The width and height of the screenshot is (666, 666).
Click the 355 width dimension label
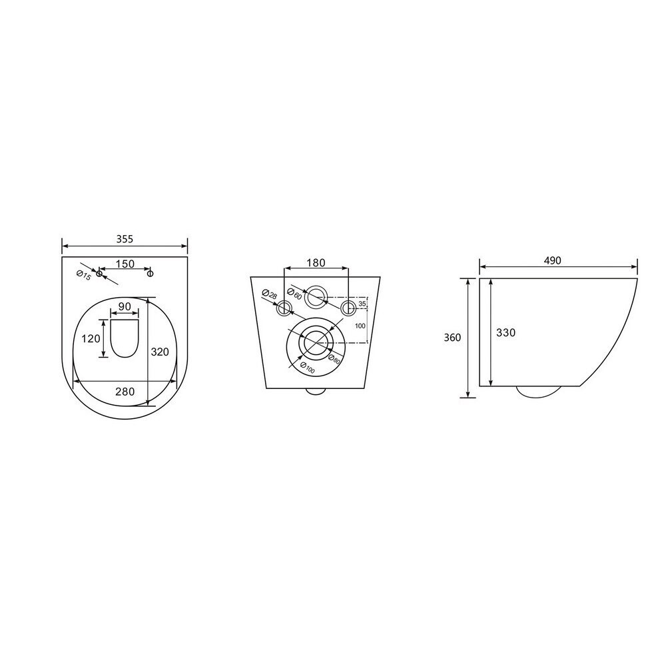125,239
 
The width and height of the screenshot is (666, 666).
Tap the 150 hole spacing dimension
125,264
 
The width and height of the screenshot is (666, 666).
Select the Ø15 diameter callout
84,275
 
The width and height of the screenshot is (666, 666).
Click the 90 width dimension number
125,306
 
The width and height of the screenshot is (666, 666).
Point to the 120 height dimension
91,338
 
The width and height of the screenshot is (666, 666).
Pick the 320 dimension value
160,352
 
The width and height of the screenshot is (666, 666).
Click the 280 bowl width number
125,392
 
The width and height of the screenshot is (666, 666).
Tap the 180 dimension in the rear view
316,263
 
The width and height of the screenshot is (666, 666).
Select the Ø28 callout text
269,294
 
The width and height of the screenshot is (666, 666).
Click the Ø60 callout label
294,294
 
